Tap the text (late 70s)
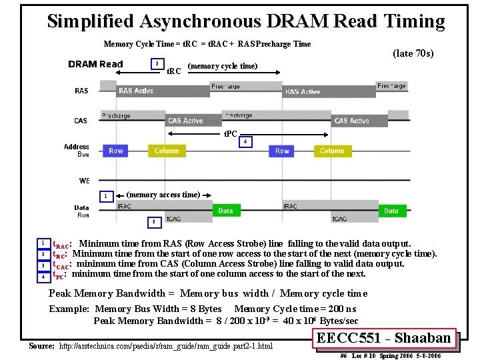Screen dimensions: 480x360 click(x=413, y=53)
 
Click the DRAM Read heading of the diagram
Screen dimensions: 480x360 click(x=95, y=65)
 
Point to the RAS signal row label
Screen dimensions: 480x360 click(x=81, y=91)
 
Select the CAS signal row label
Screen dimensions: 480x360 click(x=81, y=121)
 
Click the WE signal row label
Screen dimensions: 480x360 click(x=84, y=180)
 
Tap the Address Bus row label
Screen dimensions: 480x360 click(x=77, y=150)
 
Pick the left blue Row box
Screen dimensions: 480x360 click(x=116, y=151)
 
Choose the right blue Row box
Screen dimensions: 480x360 click(x=283, y=151)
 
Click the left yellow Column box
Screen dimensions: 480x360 click(x=166, y=151)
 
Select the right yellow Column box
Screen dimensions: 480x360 click(x=332, y=151)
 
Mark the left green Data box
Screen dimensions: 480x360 click(x=226, y=211)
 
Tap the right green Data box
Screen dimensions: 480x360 click(x=391, y=211)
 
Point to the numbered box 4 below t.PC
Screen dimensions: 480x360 click(x=246, y=142)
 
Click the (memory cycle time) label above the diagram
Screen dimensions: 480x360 click(x=223, y=65)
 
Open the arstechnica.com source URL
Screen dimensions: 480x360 click(x=166, y=346)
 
